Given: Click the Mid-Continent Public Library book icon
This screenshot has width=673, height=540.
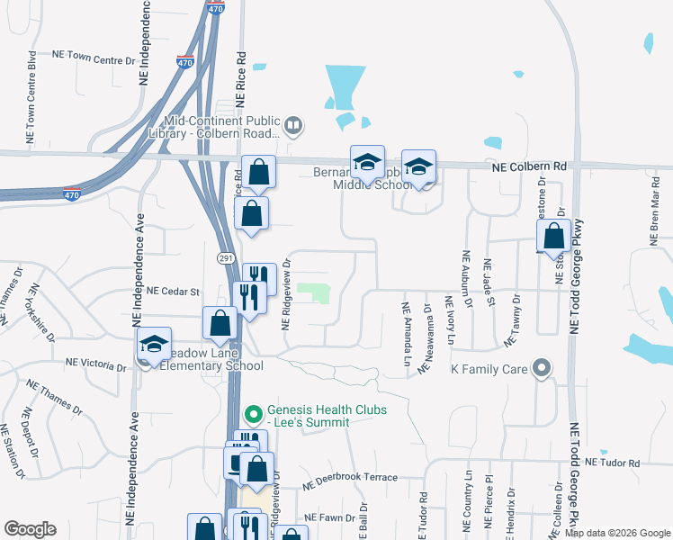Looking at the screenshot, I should pos(293,125).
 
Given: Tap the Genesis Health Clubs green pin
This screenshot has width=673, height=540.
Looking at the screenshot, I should pos(254,415).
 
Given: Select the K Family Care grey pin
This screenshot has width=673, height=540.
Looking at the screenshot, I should pos(541,368).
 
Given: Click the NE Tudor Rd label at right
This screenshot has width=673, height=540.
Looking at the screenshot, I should pos(612,463).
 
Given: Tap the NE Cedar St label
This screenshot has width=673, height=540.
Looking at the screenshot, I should pos(172,292).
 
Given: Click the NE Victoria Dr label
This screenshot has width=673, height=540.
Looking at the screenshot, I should pos(96,366).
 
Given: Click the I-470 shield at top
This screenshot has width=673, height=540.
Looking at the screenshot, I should pos(215,6).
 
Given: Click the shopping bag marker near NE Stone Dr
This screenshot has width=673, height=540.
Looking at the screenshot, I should pos(554,237).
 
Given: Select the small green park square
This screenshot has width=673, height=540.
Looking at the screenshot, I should pos(314,293).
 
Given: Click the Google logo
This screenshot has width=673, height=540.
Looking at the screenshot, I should pos(30,529).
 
